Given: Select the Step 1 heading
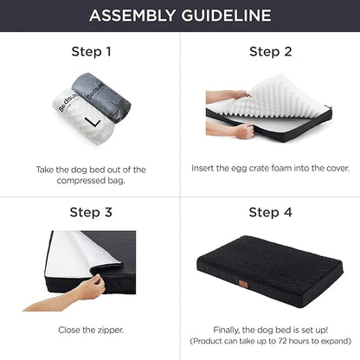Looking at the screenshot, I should coord(91,52).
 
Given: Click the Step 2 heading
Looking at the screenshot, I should coord(271,52).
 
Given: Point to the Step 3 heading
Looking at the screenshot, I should coord(91,212).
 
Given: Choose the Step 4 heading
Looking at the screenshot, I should coord(271,212).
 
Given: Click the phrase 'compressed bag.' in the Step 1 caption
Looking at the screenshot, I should coord(91,182).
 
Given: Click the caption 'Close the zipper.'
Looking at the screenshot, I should coord(91,331).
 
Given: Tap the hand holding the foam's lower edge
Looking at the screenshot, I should coord(245,132).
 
